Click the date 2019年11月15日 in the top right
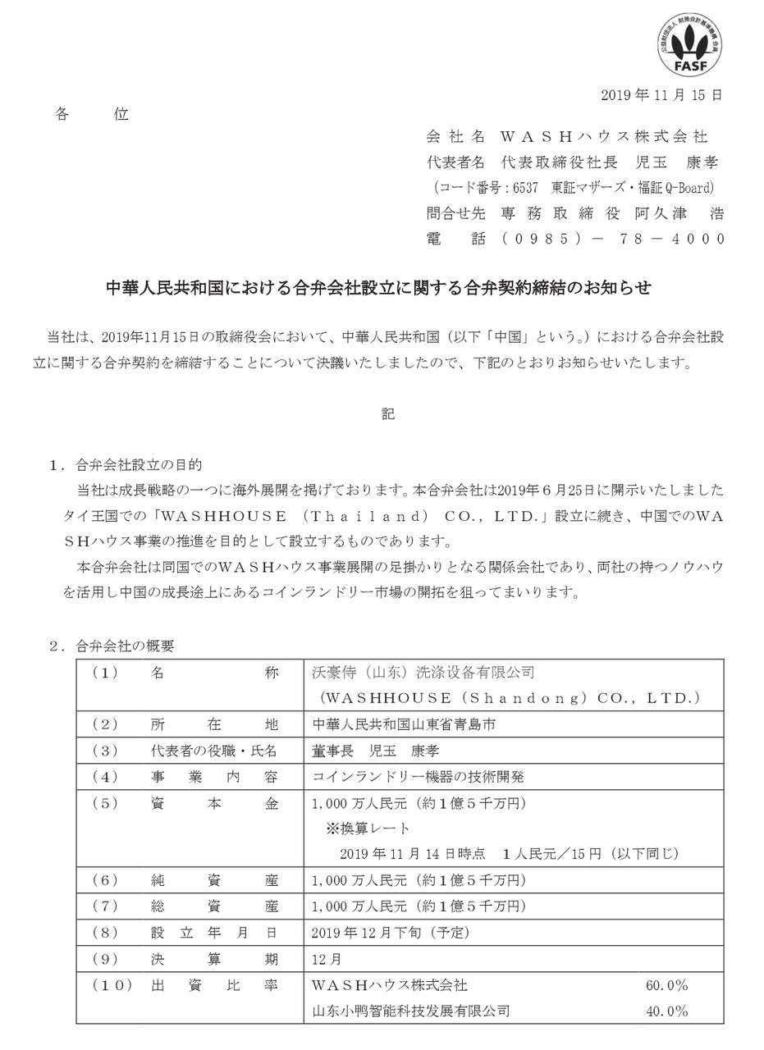click(x=661, y=95)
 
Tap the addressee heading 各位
click(x=91, y=114)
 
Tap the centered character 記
click(x=387, y=413)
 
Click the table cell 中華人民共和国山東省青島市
click(x=404, y=724)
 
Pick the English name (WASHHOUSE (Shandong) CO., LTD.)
click(x=509, y=698)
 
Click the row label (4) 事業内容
click(x=189, y=776)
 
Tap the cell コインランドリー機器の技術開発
click(x=418, y=776)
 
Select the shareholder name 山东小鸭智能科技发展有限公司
click(x=411, y=1011)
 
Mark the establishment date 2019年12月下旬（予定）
click(x=391, y=933)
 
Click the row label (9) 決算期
click(x=189, y=959)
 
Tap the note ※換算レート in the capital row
click(x=368, y=828)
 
